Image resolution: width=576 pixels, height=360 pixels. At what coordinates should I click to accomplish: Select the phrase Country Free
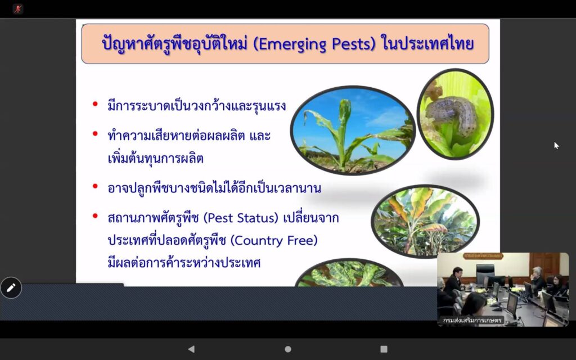tap(274, 241)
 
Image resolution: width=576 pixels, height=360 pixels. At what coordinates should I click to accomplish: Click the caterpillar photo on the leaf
tap(455, 114)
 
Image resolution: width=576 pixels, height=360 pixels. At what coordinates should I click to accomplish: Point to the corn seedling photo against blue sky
tap(353, 130)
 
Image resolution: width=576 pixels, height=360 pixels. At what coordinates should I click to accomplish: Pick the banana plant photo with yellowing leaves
tap(425, 221)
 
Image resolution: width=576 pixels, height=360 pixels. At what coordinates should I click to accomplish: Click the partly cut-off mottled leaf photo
tap(349, 273)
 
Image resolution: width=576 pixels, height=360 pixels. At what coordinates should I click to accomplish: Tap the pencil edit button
tap(11, 287)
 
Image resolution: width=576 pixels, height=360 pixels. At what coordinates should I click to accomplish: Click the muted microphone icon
tap(17, 9)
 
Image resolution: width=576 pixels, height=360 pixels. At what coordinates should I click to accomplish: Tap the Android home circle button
tap(288, 349)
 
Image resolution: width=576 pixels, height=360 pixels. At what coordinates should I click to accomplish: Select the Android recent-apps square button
tap(384, 349)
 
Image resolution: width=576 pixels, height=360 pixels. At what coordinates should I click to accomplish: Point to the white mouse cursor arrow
tap(556, 146)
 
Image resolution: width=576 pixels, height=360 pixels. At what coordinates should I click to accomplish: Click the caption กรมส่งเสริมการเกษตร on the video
tap(472, 320)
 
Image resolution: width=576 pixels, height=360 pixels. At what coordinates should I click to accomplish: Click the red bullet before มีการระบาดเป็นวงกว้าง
tap(95, 104)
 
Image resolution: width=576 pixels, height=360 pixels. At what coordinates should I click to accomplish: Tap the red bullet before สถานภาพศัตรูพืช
tap(95, 215)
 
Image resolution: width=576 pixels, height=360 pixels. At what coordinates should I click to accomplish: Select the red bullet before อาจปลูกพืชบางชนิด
tap(95, 186)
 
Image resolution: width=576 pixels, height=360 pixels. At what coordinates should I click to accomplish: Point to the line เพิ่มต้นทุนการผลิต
tap(155, 158)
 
